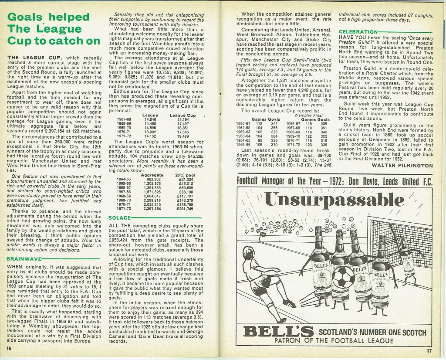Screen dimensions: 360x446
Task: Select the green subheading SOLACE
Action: point(119,217)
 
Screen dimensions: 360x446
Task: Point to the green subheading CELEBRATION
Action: point(358,32)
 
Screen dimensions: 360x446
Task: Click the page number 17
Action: point(429,350)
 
